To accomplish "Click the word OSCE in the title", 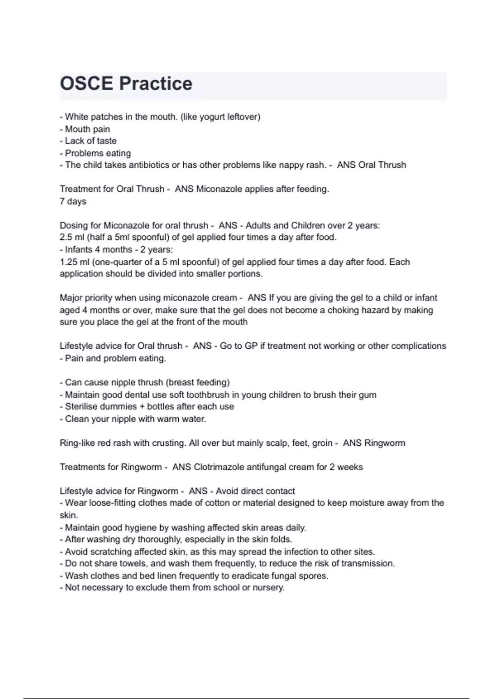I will pos(86,83).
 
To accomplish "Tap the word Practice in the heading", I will pos(156,83).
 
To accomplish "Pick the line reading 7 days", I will pos(73,201).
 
